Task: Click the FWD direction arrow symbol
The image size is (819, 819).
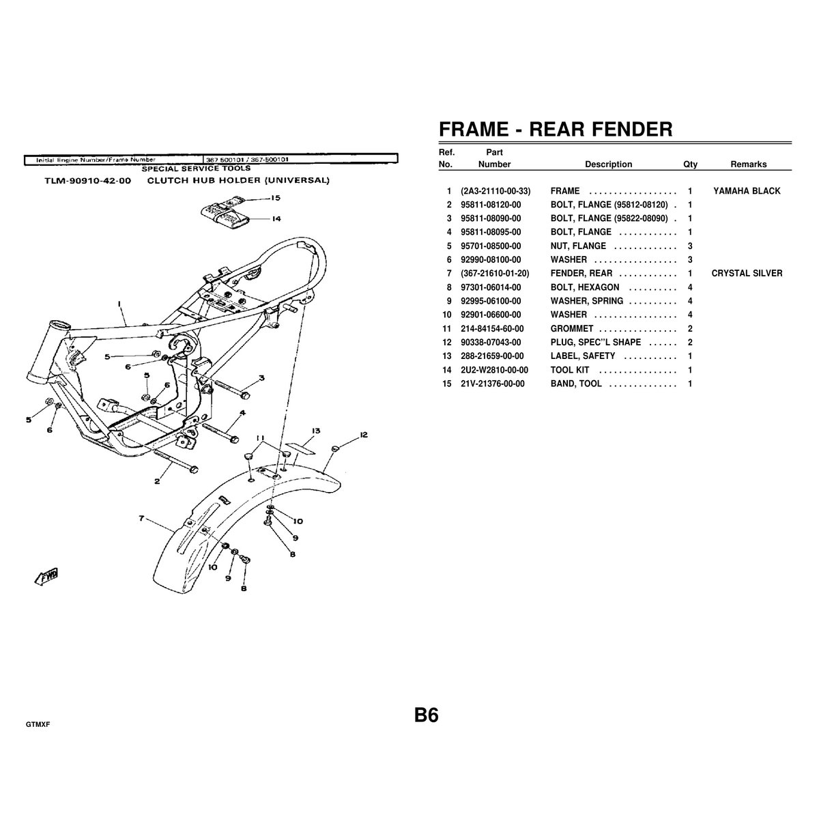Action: pyautogui.click(x=47, y=576)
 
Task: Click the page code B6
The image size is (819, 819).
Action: pyautogui.click(x=427, y=715)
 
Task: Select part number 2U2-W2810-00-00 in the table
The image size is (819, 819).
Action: pyautogui.click(x=494, y=370)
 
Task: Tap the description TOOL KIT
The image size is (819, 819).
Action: pyautogui.click(x=569, y=370)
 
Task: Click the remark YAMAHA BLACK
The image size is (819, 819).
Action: pyautogui.click(x=747, y=191)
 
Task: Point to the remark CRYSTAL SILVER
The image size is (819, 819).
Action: pyautogui.click(x=747, y=273)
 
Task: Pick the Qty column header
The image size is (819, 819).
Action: pyautogui.click(x=690, y=164)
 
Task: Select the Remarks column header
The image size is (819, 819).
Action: pyautogui.click(x=749, y=164)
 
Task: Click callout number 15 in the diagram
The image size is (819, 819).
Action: pyautogui.click(x=276, y=198)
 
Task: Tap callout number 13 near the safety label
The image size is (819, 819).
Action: pyautogui.click(x=316, y=431)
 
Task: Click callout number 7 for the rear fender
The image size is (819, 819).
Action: pyautogui.click(x=141, y=518)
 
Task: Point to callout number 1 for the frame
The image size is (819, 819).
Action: pyautogui.click(x=120, y=304)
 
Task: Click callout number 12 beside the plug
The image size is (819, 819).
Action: pyautogui.click(x=363, y=435)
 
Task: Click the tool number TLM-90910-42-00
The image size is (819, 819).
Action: pyautogui.click(x=88, y=181)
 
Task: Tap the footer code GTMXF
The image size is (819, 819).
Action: pyautogui.click(x=38, y=725)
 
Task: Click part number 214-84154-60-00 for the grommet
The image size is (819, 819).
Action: pyautogui.click(x=492, y=328)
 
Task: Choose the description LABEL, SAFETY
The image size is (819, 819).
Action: pyautogui.click(x=583, y=356)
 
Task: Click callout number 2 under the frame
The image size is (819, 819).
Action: pyautogui.click(x=157, y=481)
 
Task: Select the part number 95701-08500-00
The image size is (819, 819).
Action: pyautogui.click(x=491, y=246)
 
